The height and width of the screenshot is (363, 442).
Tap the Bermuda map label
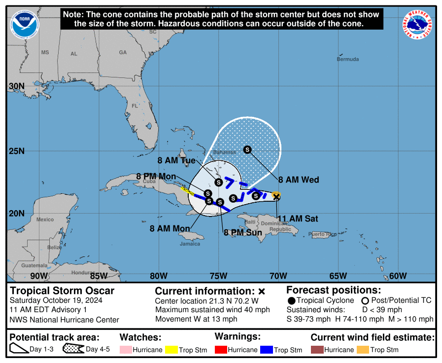348,59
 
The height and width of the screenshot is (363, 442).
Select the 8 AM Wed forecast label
299,180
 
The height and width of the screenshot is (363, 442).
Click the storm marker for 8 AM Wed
247,149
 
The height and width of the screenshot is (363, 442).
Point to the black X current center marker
276,197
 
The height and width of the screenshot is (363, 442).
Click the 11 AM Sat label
298,218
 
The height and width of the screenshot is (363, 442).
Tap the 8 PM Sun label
243,232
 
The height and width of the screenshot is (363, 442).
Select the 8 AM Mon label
170,228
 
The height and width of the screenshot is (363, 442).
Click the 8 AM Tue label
176,160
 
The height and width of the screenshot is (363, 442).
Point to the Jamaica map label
190,244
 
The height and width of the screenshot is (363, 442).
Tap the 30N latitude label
17,86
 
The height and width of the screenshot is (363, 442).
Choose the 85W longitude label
99,276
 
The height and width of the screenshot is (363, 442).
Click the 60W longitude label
398,276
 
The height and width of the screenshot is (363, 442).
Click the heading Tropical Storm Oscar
62,290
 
